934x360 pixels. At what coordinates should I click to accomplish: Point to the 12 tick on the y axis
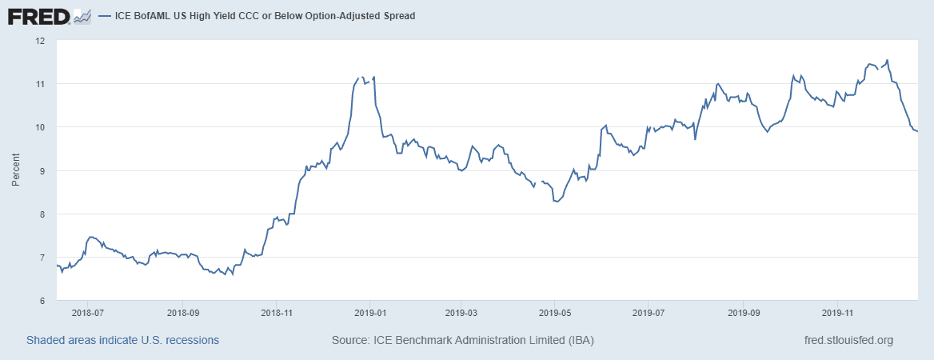[x=40, y=40]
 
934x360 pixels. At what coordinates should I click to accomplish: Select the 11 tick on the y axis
[x=40, y=84]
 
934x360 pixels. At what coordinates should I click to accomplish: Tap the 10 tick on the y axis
[x=40, y=127]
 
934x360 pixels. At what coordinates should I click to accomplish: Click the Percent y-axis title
[x=16, y=170]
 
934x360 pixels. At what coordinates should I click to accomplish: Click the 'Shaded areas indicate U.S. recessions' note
[x=122, y=340]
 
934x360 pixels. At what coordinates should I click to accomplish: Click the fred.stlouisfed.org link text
[x=848, y=340]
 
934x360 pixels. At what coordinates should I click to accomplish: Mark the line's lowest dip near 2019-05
[x=556, y=202]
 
